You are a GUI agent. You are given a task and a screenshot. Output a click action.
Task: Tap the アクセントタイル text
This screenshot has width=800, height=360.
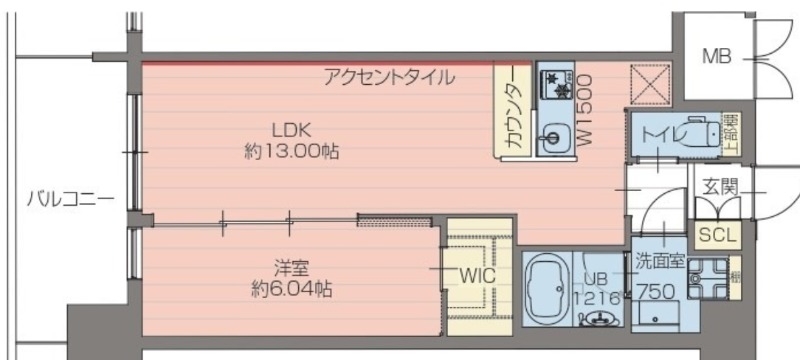pos(388,76)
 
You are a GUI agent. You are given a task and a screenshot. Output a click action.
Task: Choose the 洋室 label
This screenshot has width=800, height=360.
pos(288,267)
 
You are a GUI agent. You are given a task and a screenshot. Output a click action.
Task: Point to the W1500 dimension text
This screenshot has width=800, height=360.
pos(586,110)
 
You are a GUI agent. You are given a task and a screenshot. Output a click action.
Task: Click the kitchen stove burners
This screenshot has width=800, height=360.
pos(553,84)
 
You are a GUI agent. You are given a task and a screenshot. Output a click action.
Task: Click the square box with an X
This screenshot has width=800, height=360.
pos(649,86)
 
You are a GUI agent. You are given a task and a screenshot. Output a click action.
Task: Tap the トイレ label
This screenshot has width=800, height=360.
pos(662,132)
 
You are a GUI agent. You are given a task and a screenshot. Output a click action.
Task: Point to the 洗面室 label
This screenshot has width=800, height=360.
pos(659,262)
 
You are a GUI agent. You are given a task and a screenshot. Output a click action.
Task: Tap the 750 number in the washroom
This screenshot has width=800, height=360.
pos(656,294)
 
